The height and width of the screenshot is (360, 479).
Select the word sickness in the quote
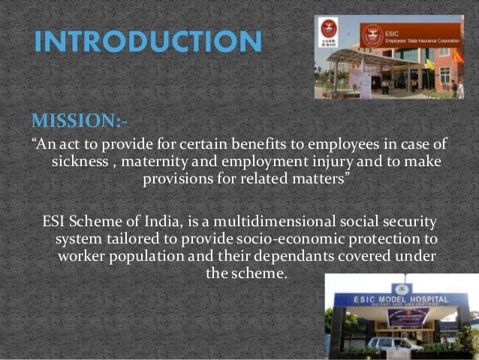[79, 162]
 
